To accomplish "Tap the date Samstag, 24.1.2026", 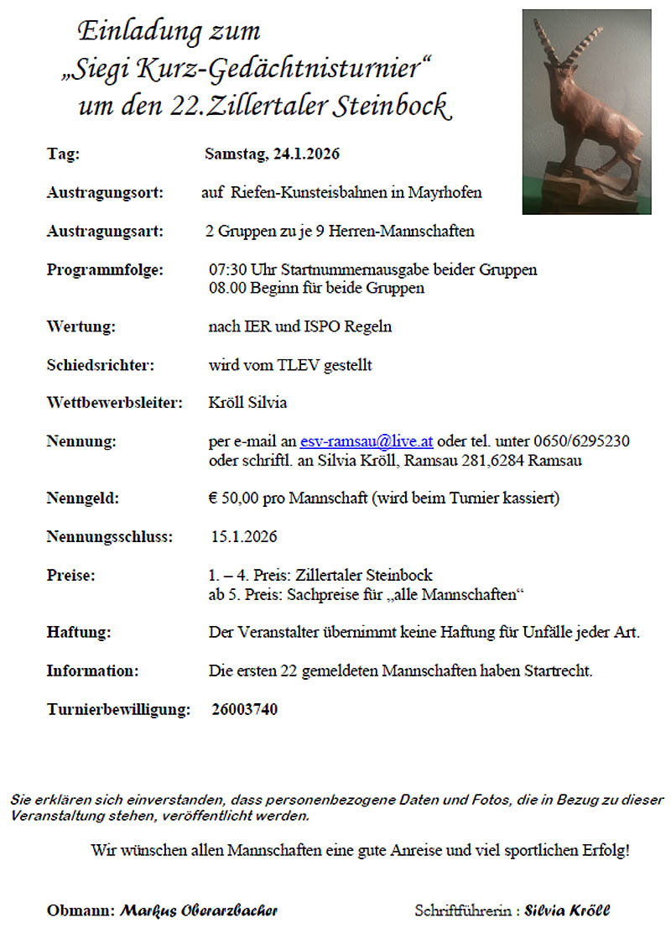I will pos(272,154).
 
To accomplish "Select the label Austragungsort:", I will pos(105,193).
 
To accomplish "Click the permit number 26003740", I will pos(245,710).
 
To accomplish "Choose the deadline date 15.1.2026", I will pos(244,537).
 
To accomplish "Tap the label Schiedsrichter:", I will pos(101,365).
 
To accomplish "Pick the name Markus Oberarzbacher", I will pos(199,911).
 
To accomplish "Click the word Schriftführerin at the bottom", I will pos(463,911).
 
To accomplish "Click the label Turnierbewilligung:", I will pos(118,710).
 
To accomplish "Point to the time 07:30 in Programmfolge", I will pos(226,270).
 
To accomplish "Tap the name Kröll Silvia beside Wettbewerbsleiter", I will pos(247,403).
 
